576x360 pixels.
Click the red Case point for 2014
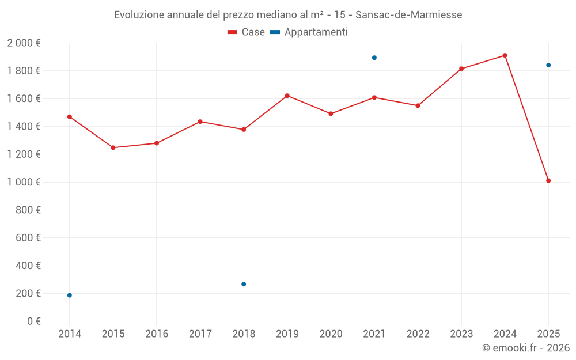tap(70, 117)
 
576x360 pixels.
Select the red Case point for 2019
tap(287, 96)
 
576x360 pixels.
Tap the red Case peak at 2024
tap(505, 55)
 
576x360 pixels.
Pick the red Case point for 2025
tap(548, 181)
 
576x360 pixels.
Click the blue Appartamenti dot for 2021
tap(374, 58)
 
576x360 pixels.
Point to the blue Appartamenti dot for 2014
tap(70, 295)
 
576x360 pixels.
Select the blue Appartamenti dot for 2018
tap(244, 284)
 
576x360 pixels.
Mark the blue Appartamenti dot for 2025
tap(548, 65)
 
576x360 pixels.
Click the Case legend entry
tap(246, 32)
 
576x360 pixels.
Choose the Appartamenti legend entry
tap(309, 32)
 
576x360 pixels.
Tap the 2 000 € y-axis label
tap(24, 43)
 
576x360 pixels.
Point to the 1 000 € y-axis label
tap(24, 182)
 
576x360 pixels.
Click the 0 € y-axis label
tap(33, 321)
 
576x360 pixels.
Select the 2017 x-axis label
tap(200, 334)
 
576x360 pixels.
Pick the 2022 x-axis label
tap(418, 334)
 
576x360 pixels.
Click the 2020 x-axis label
tap(331, 334)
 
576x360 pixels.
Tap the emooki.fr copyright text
tap(525, 348)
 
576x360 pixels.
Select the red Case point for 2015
tap(113, 147)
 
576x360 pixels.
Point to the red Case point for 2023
tap(461, 69)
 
